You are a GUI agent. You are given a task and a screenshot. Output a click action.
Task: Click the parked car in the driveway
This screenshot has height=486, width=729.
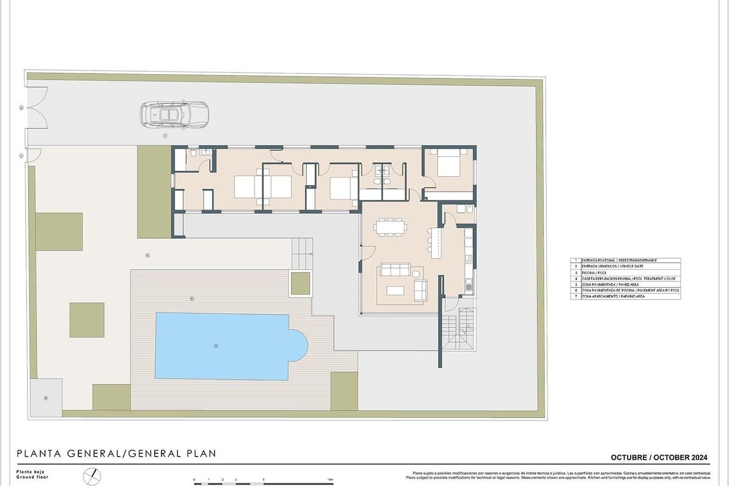point(174,114)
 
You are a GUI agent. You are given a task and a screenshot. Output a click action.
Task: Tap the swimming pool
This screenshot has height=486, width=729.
point(228,346)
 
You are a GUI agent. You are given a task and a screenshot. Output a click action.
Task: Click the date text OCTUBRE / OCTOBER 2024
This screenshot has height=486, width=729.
point(659,457)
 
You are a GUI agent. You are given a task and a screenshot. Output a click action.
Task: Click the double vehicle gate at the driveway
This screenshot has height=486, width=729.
point(35,108)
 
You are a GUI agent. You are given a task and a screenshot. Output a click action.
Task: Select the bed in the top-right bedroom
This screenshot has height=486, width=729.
point(448,164)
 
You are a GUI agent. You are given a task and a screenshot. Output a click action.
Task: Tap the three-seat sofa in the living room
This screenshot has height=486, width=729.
point(395,270)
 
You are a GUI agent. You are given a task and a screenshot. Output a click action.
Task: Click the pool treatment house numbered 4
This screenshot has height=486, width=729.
point(46,398)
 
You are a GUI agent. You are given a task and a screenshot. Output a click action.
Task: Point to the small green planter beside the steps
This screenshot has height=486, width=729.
point(300,283)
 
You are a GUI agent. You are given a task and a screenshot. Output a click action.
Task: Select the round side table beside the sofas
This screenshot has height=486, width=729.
point(417,274)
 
